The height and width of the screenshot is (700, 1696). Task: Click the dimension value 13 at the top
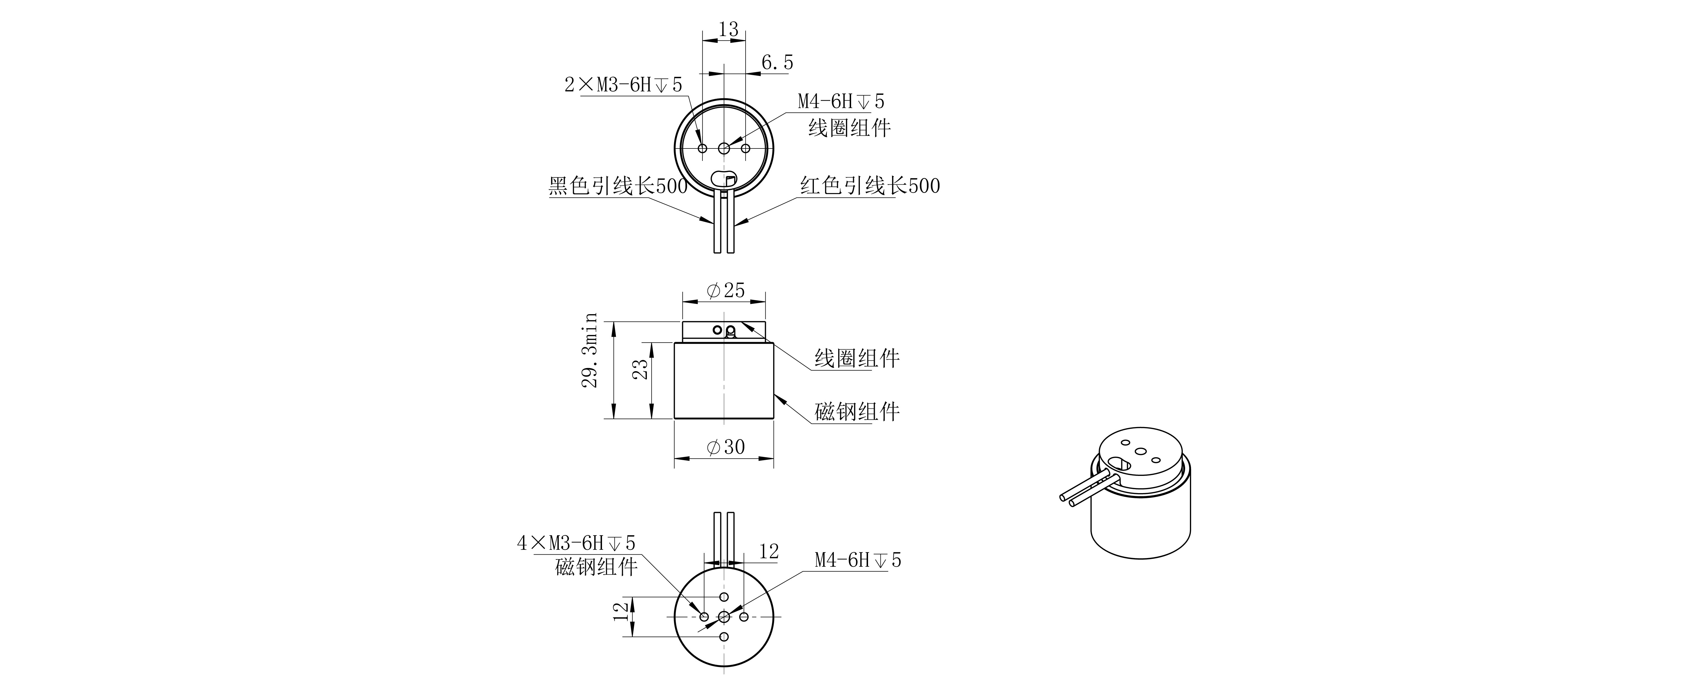(x=728, y=30)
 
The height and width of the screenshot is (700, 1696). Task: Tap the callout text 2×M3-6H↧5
(x=623, y=85)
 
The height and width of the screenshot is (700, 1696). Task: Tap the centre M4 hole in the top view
(x=724, y=148)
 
